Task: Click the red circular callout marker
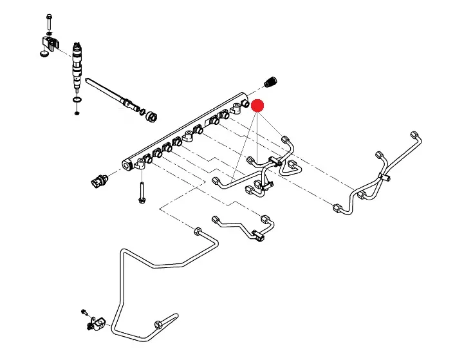257,106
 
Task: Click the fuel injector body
78,62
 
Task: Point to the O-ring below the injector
77,101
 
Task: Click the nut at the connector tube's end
153,117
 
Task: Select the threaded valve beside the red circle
272,83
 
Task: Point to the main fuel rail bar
187,129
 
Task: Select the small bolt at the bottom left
84,312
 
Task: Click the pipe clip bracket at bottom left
97,322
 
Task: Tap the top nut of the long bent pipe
198,231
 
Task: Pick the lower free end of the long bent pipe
172,316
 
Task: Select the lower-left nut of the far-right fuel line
338,208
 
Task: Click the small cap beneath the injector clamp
43,55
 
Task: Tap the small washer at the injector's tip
77,113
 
